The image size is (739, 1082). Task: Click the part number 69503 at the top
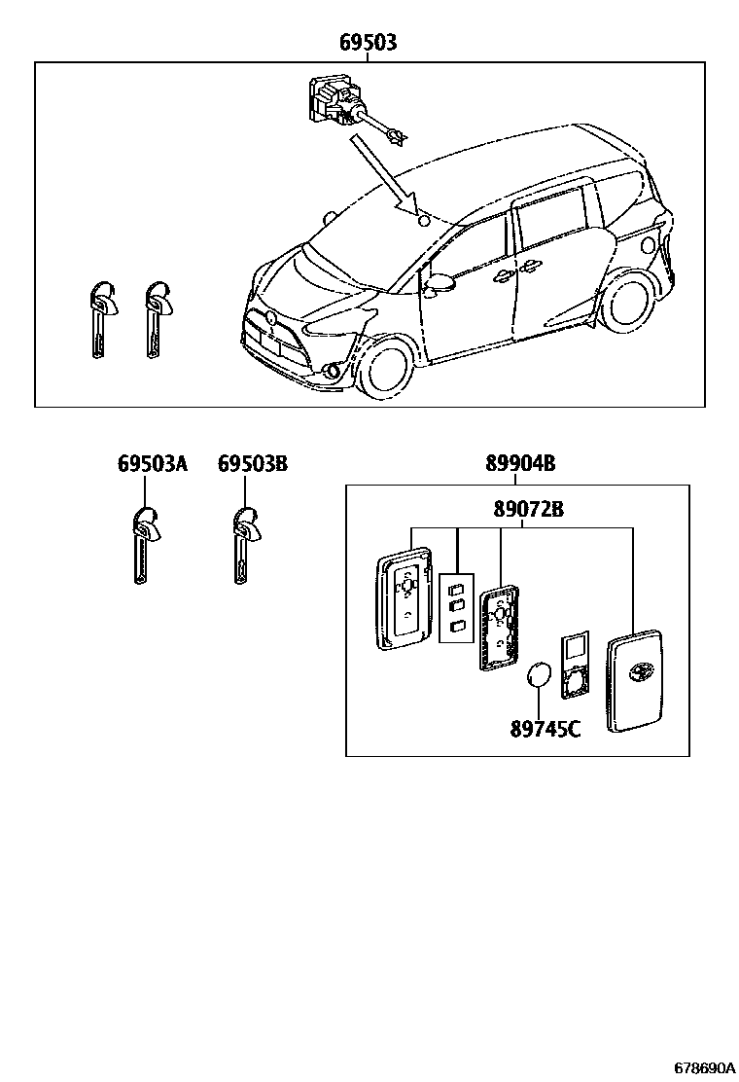pos(368,43)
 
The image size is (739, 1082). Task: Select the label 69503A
pos(152,463)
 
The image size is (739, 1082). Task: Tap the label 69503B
pos(252,463)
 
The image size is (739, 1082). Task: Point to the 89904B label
pos(520,463)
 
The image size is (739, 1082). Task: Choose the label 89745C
pos(545,728)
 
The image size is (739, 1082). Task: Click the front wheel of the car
pos(385,368)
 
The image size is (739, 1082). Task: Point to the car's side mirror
pos(440,283)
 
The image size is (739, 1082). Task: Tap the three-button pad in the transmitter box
pos(457,608)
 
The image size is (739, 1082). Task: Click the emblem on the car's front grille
pos(271,319)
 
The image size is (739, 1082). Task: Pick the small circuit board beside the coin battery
pos(576,666)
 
